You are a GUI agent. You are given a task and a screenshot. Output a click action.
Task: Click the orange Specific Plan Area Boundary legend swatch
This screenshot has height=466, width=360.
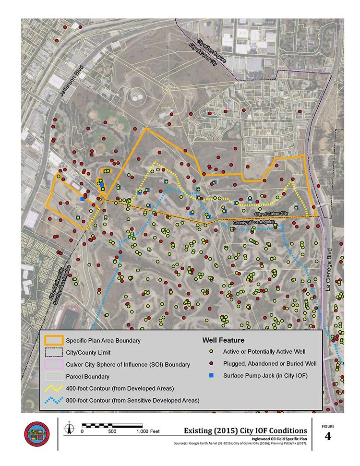(54, 340)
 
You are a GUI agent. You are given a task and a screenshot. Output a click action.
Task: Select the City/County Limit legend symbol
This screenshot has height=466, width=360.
(54, 352)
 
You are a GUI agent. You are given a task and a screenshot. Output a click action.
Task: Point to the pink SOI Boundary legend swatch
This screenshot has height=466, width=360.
(54, 364)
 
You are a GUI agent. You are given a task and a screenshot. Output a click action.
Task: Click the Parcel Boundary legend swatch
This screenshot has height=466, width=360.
(54, 376)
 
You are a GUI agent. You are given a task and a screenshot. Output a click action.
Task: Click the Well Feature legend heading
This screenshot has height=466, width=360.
(223, 340)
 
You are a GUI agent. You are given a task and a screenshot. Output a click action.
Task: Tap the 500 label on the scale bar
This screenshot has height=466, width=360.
(112, 431)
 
